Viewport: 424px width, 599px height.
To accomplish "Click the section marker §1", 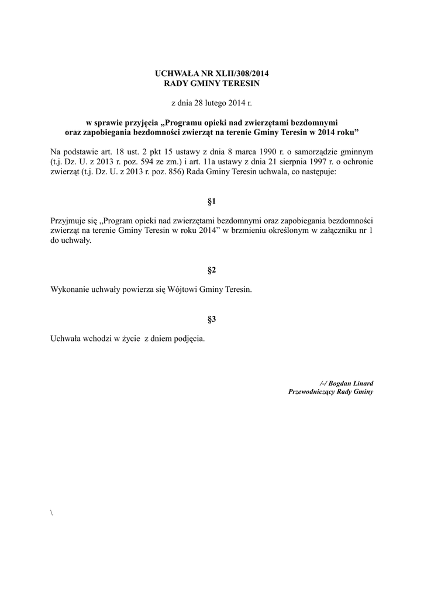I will click(x=212, y=202).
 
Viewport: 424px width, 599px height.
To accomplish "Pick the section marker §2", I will click(x=212, y=270).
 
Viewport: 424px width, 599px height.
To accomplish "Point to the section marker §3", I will click(x=212, y=319).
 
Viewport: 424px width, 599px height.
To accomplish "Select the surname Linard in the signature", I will click(x=361, y=383).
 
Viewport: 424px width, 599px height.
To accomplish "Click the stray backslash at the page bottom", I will click(x=52, y=513).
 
